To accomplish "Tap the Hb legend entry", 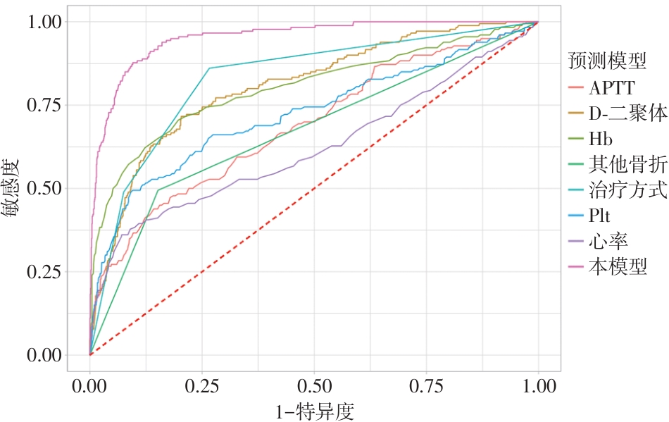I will (x=602, y=139).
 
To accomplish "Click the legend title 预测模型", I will (x=607, y=62).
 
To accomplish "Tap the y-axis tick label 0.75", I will (x=44, y=105).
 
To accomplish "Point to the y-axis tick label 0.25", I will (x=44, y=272).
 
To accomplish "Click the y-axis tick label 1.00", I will (x=44, y=22).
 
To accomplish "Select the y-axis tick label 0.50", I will (x=44, y=189).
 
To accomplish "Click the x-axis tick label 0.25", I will (x=202, y=387).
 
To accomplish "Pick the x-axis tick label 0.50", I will (x=314, y=387).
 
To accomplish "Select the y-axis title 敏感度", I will (x=15, y=188).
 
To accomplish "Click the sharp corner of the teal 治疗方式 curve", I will (x=210, y=68).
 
